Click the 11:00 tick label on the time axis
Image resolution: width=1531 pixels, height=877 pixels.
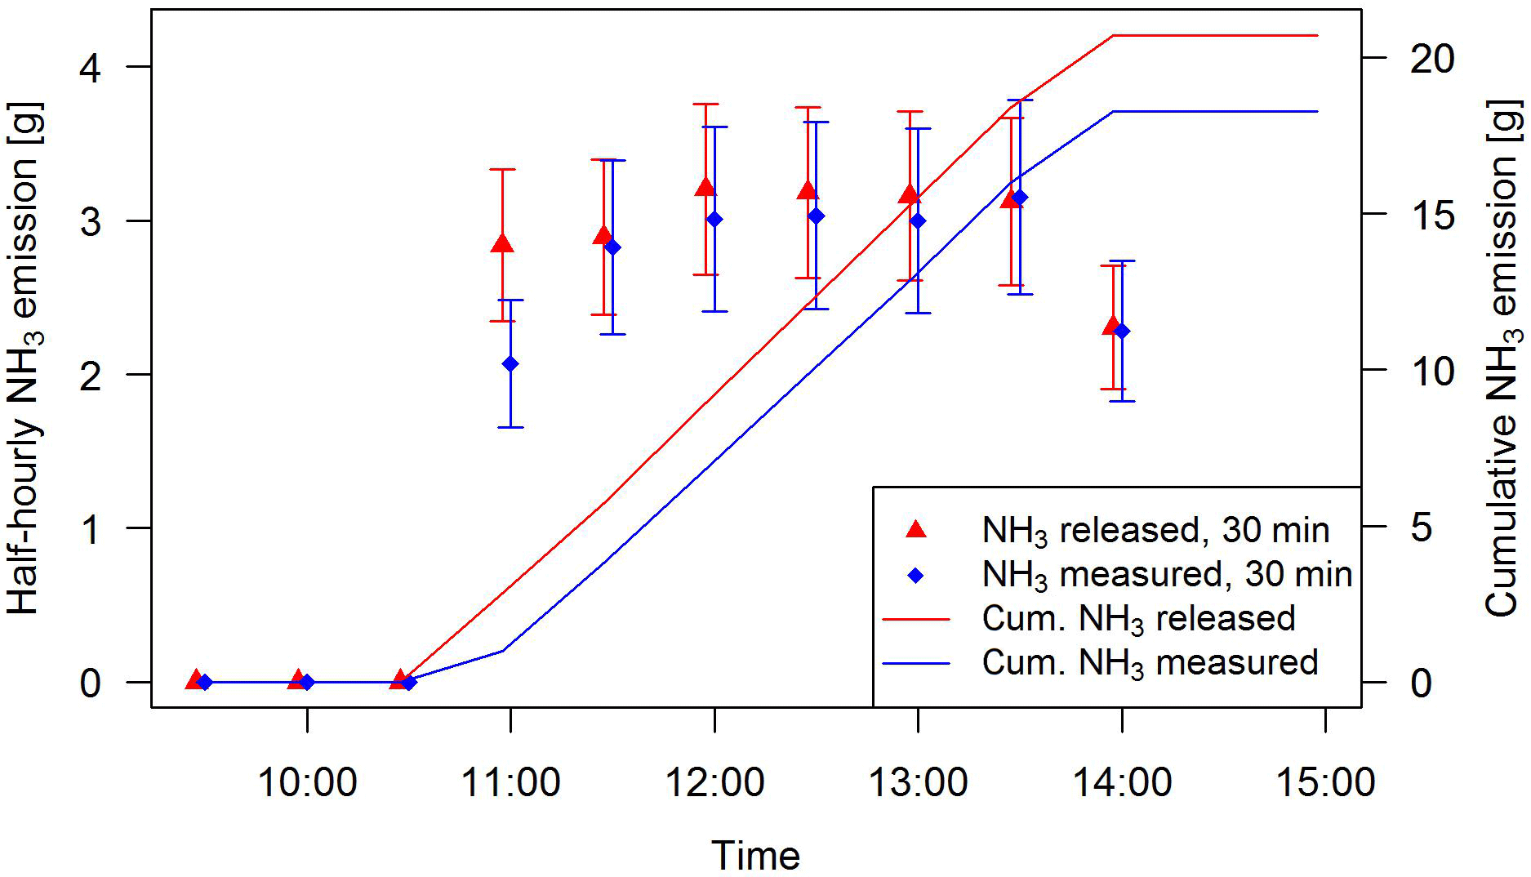tap(510, 782)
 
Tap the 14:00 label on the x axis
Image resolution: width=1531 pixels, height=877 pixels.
tap(1122, 782)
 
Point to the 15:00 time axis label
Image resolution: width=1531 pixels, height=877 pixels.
tap(1324, 782)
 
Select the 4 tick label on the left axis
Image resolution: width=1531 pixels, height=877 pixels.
tap(90, 68)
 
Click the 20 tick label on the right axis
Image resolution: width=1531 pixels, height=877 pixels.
tap(1432, 59)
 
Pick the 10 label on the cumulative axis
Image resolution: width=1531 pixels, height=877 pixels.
tap(1432, 372)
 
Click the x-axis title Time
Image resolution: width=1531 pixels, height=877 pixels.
tap(755, 855)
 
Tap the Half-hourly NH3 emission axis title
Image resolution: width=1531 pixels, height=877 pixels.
tap(24, 359)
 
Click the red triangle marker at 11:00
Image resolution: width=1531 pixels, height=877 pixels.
tap(502, 243)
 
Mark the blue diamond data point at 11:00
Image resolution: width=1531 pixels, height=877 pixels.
tap(510, 364)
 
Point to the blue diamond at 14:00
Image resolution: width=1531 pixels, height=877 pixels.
tap(1122, 331)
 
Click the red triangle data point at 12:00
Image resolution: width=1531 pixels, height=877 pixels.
tap(705, 187)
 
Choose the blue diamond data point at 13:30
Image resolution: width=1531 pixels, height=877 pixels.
tap(1020, 198)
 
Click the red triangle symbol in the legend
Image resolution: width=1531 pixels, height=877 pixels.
tap(916, 530)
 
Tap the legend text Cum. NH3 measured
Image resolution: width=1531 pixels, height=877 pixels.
tap(1150, 662)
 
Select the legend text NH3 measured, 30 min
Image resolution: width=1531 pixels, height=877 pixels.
tap(1167, 574)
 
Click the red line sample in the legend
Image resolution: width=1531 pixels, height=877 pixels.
tap(916, 619)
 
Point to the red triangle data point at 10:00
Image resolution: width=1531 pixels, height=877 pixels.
tap(298, 679)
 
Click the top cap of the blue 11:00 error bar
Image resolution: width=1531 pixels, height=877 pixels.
tap(510, 300)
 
